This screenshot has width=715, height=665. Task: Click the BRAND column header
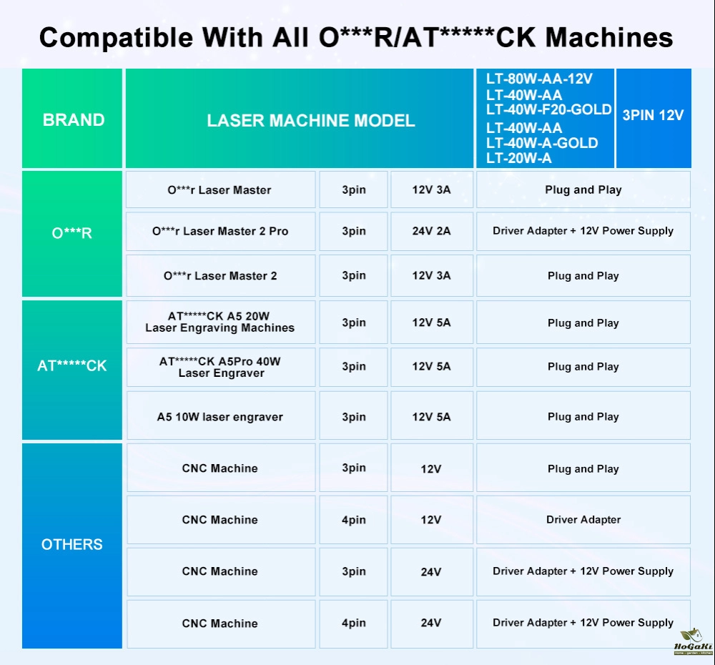(73, 120)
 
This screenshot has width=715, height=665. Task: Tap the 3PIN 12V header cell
(653, 115)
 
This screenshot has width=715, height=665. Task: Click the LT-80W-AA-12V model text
(539, 79)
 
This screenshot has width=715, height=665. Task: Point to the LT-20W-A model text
(519, 159)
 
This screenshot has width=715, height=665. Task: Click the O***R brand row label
(72, 233)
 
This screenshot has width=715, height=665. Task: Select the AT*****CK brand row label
(72, 366)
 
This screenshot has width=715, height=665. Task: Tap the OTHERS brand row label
(72, 545)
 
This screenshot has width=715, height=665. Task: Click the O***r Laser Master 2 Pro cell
(220, 232)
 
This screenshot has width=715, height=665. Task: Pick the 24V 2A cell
(431, 232)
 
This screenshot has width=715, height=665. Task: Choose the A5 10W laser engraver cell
(220, 417)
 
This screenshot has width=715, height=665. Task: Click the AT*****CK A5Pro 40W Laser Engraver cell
(220, 367)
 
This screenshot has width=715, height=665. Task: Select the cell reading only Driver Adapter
(583, 520)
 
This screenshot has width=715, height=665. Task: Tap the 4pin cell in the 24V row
(353, 623)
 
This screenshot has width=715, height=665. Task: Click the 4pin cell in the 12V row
(353, 520)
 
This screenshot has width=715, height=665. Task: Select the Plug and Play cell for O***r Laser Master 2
(583, 276)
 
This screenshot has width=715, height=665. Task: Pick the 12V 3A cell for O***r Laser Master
(431, 190)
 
